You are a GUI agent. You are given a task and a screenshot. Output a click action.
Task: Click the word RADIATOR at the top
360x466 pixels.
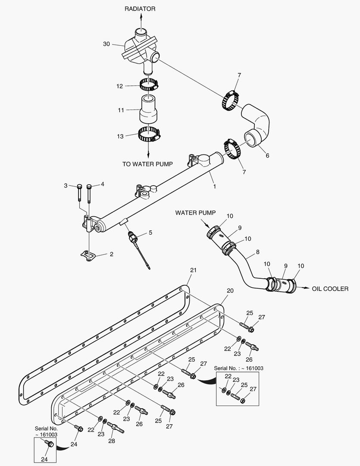140,9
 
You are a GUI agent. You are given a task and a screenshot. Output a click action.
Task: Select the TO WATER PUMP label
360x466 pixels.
147,164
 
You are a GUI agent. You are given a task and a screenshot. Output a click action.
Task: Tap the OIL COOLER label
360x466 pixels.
330,289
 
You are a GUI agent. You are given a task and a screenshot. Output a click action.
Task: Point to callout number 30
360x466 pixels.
106,44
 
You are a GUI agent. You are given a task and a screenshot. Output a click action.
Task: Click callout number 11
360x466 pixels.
121,110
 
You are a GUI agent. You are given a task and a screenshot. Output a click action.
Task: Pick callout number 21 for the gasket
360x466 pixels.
193,270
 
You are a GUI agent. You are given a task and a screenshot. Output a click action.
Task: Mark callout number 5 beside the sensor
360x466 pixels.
150,233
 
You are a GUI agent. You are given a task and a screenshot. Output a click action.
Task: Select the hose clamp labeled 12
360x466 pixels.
149,84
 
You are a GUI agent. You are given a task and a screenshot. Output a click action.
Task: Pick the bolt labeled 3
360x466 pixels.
80,193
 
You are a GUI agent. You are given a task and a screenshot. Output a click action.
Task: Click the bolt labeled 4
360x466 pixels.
89,193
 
